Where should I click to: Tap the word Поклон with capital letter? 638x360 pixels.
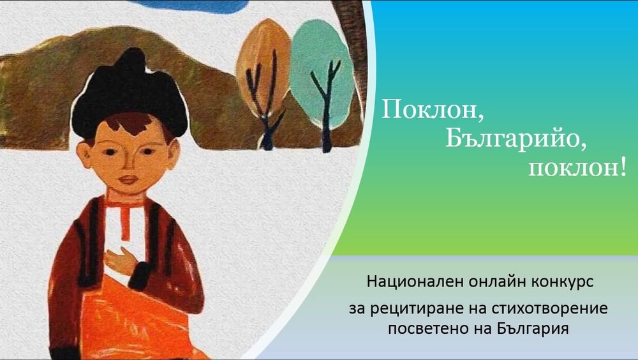429,110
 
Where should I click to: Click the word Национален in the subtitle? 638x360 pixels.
410,281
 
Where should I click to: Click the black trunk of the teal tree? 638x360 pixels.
327,115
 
